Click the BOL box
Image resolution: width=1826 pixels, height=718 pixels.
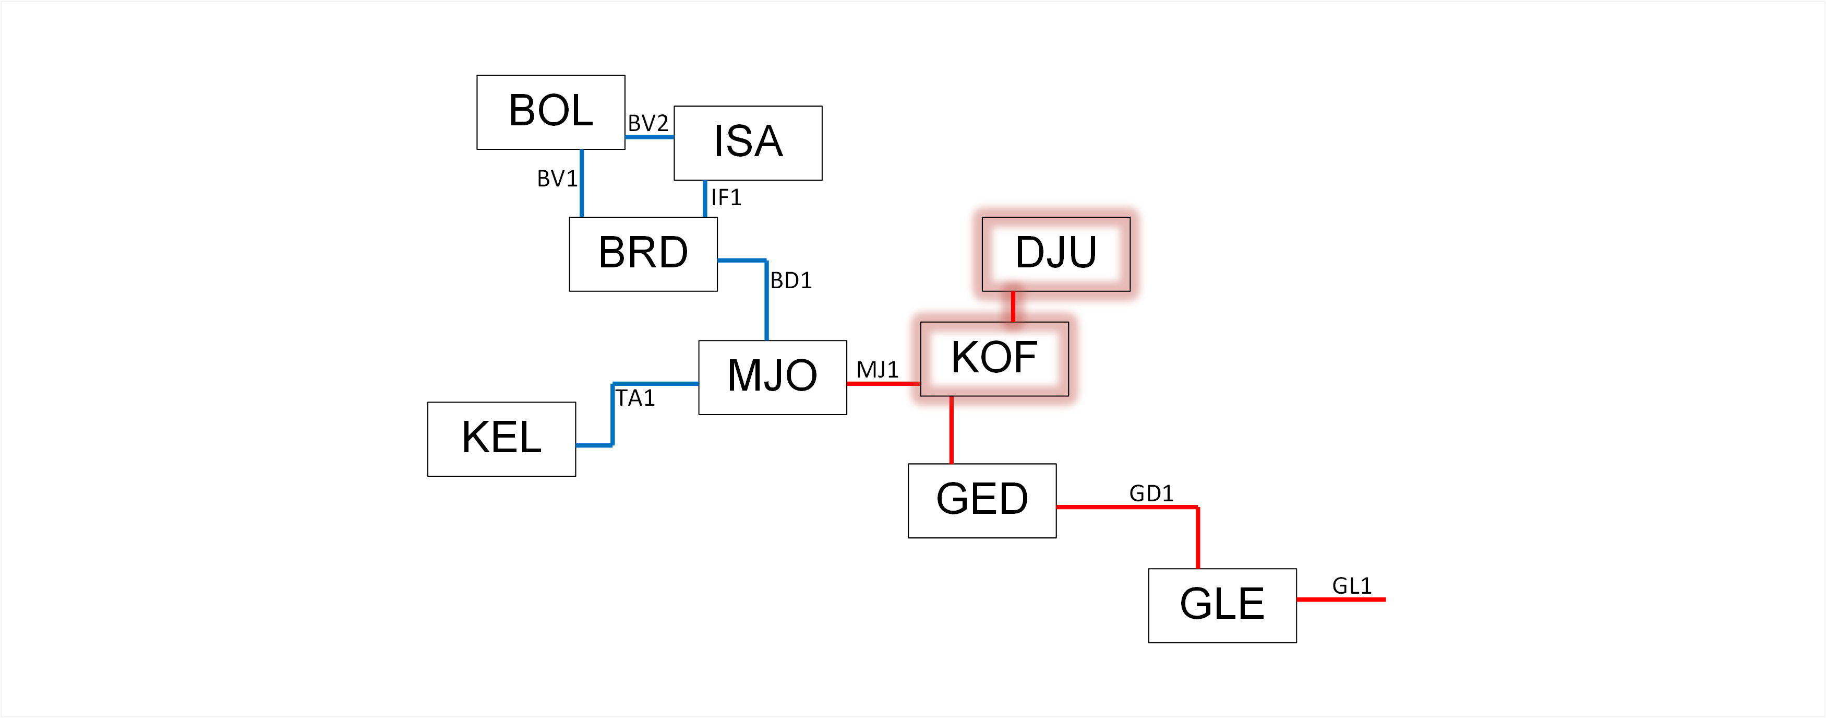click(551, 112)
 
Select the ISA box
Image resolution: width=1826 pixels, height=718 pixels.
click(748, 143)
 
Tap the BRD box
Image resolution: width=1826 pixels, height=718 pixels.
click(643, 254)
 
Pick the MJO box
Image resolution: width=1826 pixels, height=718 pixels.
click(772, 376)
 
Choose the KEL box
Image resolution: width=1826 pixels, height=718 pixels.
click(501, 439)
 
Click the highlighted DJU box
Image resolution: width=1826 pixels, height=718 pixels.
click(1055, 254)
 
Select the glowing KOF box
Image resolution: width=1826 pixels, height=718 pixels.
click(994, 358)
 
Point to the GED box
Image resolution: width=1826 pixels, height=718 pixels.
click(982, 500)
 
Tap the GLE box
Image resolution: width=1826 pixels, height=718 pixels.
click(1222, 605)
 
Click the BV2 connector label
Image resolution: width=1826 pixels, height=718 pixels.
click(648, 123)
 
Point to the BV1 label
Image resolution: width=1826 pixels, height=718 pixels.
click(557, 179)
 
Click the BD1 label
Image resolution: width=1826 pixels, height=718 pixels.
click(791, 280)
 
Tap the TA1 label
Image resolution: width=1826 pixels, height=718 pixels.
click(635, 398)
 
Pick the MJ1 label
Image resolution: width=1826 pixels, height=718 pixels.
click(878, 370)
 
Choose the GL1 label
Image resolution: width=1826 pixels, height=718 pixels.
click(1352, 586)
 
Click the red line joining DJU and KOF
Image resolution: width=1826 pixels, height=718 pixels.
click(1013, 307)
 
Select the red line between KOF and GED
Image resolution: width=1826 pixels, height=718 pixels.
click(951, 430)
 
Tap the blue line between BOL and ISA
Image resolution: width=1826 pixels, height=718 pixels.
click(650, 137)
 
